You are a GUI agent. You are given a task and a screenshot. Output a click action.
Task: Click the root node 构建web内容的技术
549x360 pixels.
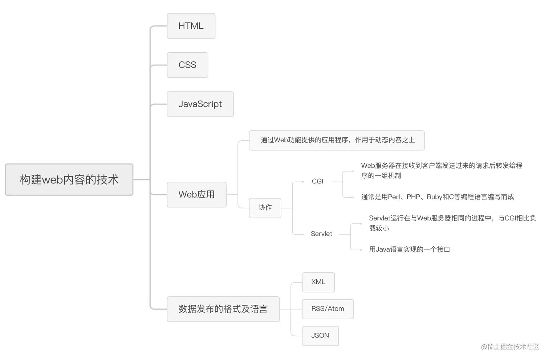[x=69, y=179]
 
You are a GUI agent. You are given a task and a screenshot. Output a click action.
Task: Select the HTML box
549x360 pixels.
[x=191, y=26]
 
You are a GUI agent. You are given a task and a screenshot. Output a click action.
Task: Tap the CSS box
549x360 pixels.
[x=187, y=65]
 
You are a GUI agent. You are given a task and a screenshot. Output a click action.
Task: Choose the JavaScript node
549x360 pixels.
[x=200, y=104]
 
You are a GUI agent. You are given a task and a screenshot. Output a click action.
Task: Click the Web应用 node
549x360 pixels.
[x=196, y=195]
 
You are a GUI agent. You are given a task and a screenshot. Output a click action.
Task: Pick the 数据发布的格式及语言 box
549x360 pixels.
[x=223, y=309]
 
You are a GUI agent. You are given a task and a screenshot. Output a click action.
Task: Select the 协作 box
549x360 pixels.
[x=265, y=208]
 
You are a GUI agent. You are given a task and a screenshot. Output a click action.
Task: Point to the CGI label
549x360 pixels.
[x=317, y=181]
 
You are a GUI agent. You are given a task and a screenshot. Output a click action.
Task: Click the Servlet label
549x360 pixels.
[x=321, y=234]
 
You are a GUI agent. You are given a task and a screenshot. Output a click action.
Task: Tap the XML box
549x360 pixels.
[x=318, y=282]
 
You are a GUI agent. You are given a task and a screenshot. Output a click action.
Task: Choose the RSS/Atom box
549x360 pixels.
[x=328, y=309]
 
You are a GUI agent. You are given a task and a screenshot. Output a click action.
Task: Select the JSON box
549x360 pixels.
[x=320, y=336]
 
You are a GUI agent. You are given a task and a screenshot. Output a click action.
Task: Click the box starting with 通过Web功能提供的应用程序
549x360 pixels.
[x=337, y=140]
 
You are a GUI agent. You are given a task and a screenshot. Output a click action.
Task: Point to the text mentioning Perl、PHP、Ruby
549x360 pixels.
[x=438, y=197]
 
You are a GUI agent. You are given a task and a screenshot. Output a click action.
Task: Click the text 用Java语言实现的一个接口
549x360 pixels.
[x=409, y=250]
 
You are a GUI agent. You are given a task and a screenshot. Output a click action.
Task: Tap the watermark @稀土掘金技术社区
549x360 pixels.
[x=510, y=347]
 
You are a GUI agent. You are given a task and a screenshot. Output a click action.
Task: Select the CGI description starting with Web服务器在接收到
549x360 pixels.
[x=441, y=170]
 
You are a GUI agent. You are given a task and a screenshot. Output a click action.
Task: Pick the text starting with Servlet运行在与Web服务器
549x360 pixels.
[x=452, y=223]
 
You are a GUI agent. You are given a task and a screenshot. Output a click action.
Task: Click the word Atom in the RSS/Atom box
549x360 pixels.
[x=336, y=309]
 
